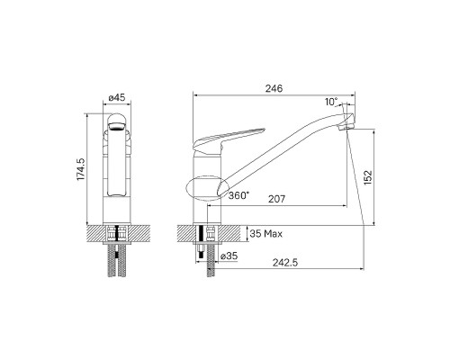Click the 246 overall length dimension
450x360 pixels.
point(274,88)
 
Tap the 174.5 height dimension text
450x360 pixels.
point(81,169)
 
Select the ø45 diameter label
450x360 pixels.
point(117,98)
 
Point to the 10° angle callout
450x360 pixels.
point(331,102)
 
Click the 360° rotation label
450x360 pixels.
point(238,195)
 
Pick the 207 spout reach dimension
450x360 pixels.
point(276,199)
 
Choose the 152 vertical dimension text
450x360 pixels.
point(368,177)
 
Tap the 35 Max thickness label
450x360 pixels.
point(266,234)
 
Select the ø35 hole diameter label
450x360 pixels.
point(229,256)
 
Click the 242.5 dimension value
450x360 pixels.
point(285,263)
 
